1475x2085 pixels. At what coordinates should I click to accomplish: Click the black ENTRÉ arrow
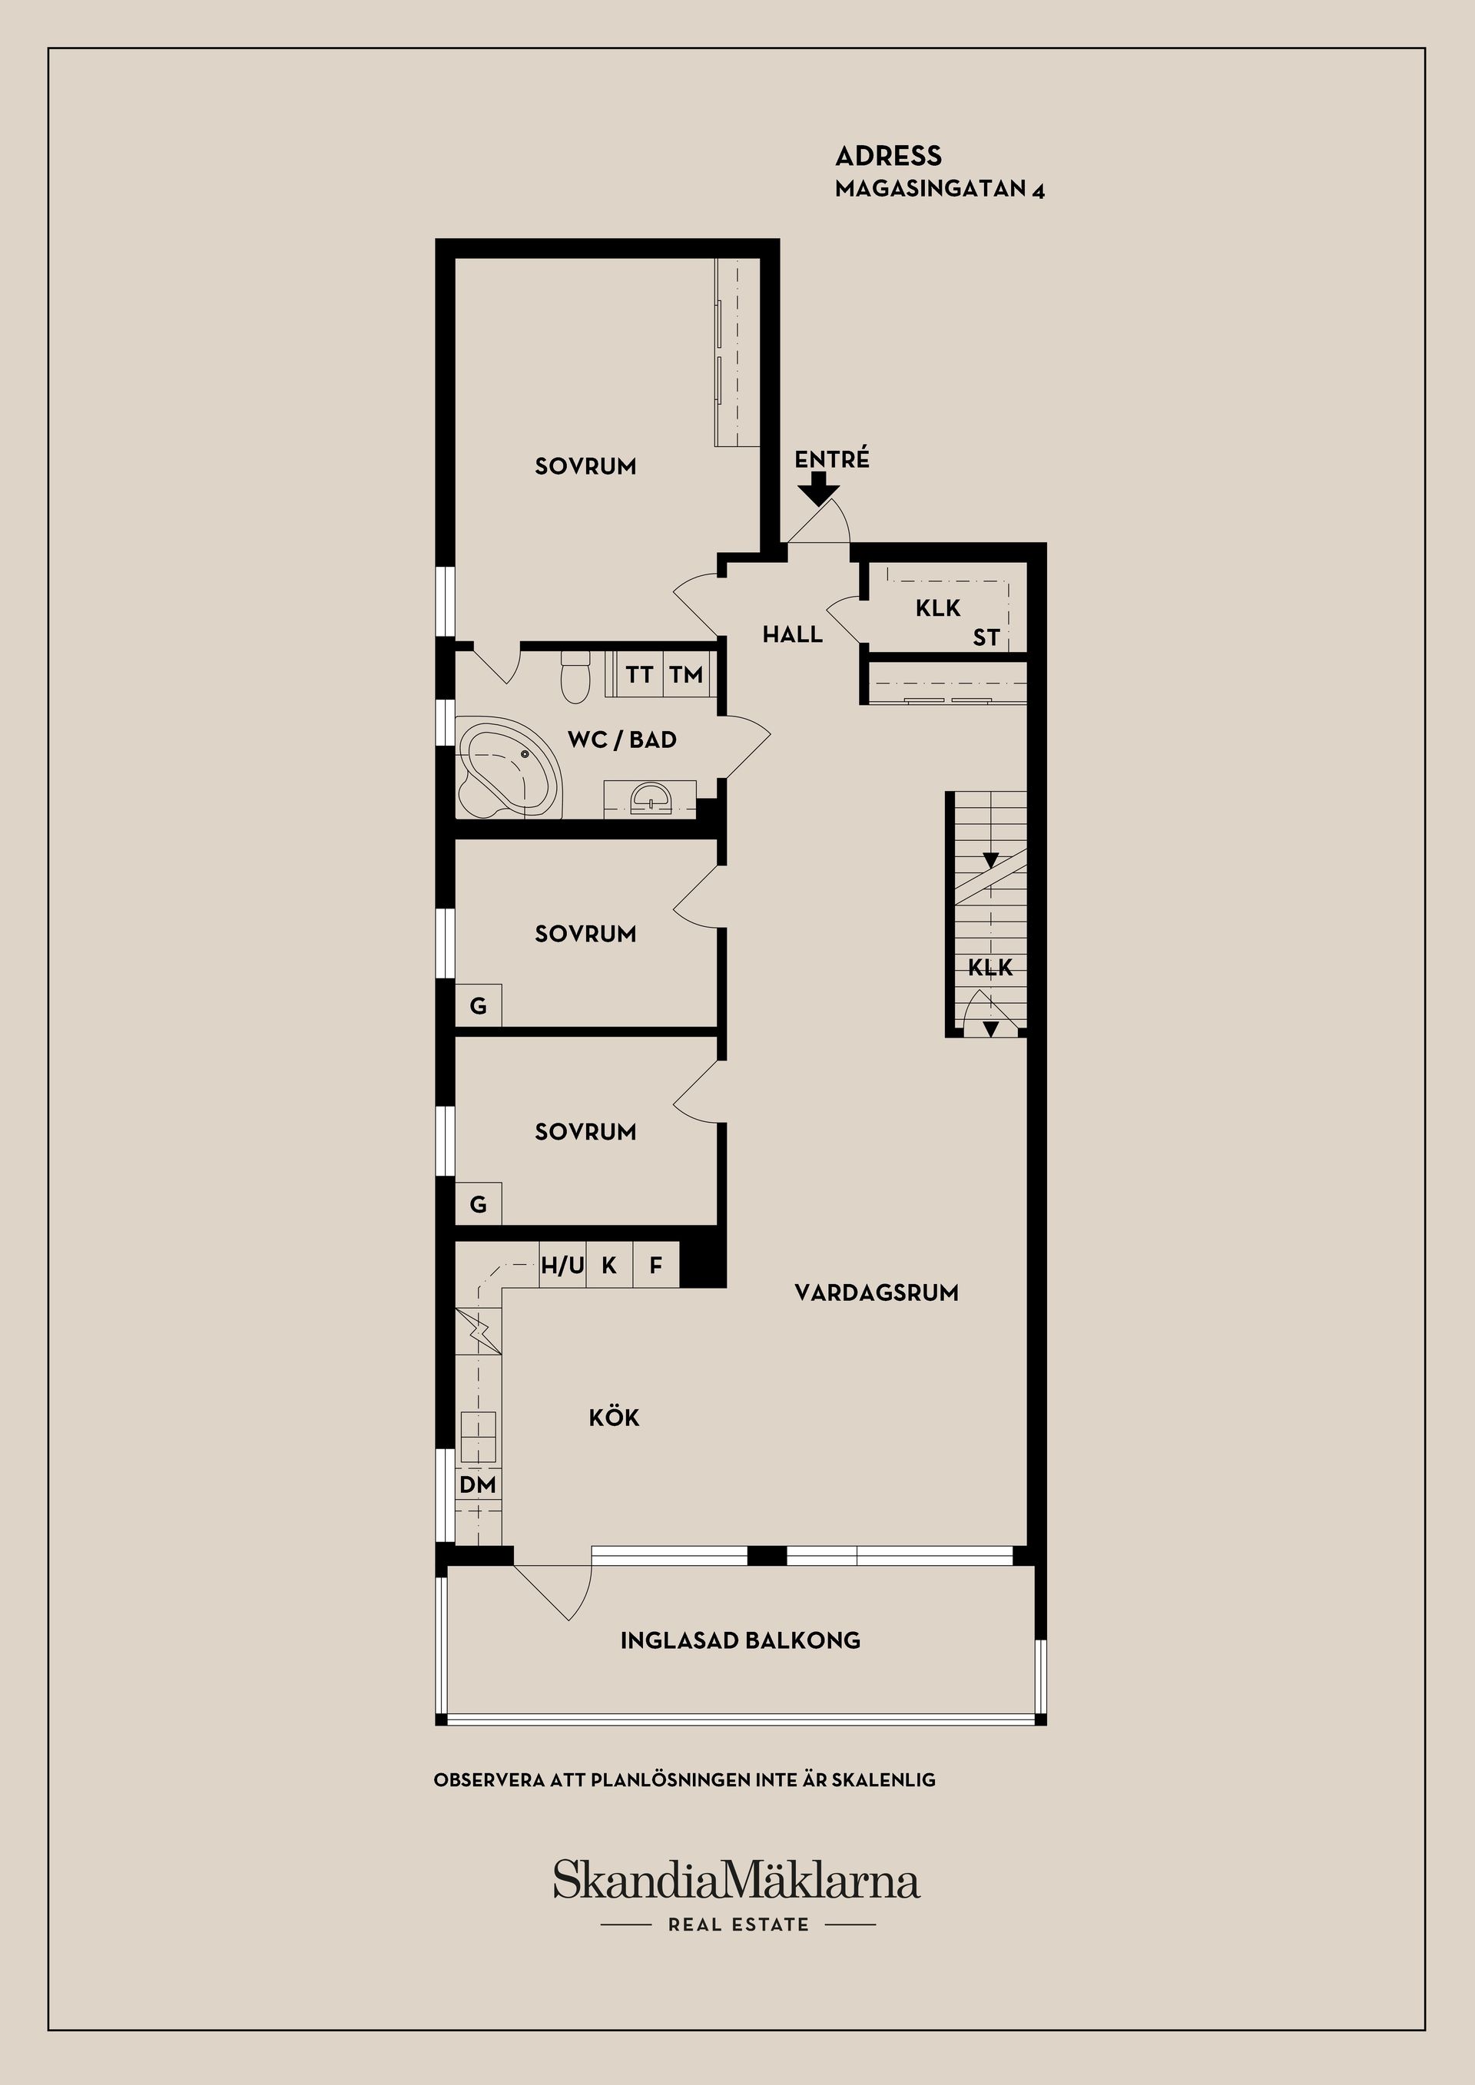818,488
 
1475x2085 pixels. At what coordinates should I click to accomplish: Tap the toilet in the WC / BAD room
574,677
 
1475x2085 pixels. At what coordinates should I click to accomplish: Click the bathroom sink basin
651,796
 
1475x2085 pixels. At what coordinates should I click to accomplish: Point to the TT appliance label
639,675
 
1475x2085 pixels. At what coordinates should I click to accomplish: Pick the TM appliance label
687,675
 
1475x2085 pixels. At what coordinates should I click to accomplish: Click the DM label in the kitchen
478,1484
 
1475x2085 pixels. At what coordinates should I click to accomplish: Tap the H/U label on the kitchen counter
562,1265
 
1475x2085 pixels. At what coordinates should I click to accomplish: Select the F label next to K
656,1265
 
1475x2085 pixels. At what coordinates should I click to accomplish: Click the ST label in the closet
986,637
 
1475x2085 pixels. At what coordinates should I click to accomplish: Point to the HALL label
793,634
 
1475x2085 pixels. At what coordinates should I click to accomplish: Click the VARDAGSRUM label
877,1292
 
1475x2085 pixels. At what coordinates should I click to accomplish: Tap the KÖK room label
614,1417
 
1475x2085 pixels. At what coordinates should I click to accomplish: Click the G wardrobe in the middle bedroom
478,1005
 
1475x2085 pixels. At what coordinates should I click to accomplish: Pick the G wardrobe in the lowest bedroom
478,1204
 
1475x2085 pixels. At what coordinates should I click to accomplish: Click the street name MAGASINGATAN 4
940,190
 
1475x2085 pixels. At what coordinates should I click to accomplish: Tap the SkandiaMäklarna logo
737,1880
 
